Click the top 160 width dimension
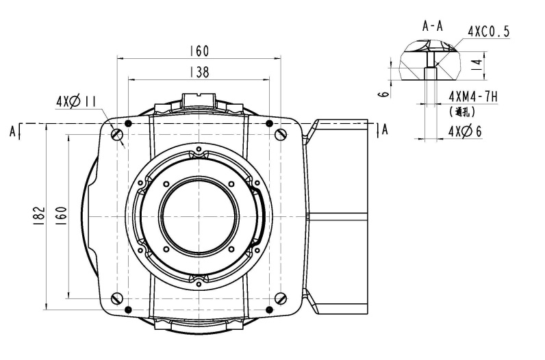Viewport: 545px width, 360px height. click(x=199, y=51)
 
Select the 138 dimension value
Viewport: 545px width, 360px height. click(x=199, y=71)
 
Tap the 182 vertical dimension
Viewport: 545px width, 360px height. click(x=38, y=215)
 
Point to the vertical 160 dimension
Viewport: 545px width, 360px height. click(x=61, y=215)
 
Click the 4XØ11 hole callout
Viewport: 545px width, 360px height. click(x=76, y=102)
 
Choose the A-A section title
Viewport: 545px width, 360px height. click(x=433, y=27)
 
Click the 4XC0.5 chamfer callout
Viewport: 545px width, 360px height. click(x=488, y=31)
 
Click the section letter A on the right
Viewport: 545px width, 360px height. click(x=385, y=129)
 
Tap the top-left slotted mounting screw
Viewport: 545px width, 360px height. click(x=117, y=134)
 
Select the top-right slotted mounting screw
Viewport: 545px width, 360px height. click(x=281, y=134)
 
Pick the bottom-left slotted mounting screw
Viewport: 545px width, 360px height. click(x=117, y=298)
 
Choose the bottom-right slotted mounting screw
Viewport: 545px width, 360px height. click(x=281, y=298)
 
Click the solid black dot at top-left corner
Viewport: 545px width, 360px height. click(x=127, y=124)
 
